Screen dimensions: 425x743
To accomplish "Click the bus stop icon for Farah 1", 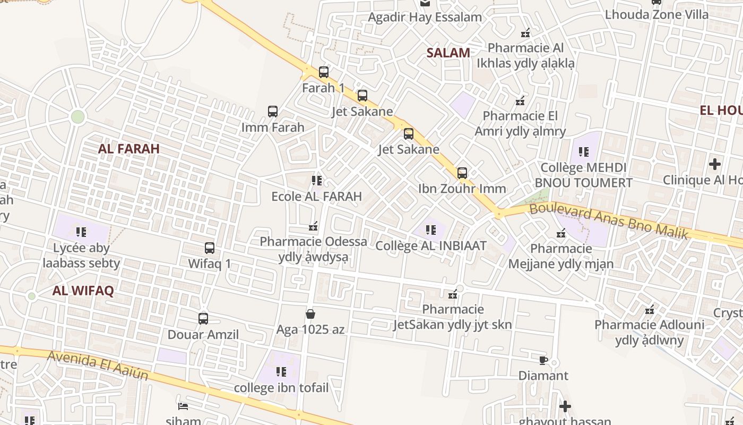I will click(324, 72).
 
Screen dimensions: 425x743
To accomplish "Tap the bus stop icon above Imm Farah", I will click(273, 112).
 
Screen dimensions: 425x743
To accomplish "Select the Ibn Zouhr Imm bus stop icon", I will click(462, 173).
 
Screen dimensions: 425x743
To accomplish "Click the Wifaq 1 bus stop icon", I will click(210, 248).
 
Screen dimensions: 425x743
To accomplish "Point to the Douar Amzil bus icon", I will click(203, 319).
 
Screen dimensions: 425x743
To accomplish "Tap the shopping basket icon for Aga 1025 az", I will click(310, 314).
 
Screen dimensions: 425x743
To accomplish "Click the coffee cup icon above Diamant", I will click(543, 360).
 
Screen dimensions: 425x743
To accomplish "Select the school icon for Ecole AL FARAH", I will click(317, 181).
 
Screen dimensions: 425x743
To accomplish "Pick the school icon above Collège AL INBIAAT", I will click(431, 230).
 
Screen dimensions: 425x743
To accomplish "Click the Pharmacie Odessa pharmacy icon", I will click(313, 226).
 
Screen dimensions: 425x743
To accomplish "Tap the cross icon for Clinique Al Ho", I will click(715, 164).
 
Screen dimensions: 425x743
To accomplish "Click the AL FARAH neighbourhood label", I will click(129, 149).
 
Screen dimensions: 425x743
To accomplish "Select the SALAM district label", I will click(448, 53).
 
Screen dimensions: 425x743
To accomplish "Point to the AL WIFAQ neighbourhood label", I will click(83, 291).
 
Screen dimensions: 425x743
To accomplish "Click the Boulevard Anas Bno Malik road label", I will click(609, 220).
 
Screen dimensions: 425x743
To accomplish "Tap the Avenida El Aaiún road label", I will click(98, 366).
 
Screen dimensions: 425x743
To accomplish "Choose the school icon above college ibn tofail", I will click(281, 372).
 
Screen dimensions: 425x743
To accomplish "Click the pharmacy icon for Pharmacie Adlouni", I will click(649, 309).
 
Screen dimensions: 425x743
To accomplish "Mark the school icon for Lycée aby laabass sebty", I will click(81, 232).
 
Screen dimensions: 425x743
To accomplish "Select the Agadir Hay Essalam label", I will click(425, 17).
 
